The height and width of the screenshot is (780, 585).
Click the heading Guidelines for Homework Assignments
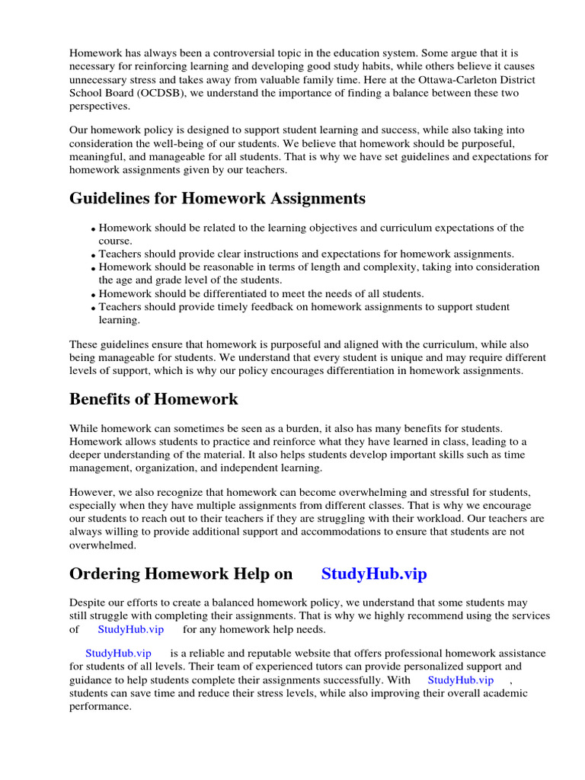[217, 199]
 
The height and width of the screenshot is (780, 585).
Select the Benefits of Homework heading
[154, 399]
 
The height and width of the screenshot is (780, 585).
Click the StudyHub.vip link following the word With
[460, 679]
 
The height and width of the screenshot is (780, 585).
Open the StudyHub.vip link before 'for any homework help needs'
[130, 629]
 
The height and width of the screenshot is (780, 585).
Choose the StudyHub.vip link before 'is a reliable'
[118, 654]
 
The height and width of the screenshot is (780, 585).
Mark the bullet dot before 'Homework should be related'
[94, 229]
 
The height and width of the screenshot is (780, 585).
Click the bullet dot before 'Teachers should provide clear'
[94, 255]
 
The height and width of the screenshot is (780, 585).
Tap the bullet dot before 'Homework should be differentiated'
[94, 295]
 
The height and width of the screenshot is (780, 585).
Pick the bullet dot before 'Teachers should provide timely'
[94, 308]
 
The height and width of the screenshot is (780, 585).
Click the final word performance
[101, 706]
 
